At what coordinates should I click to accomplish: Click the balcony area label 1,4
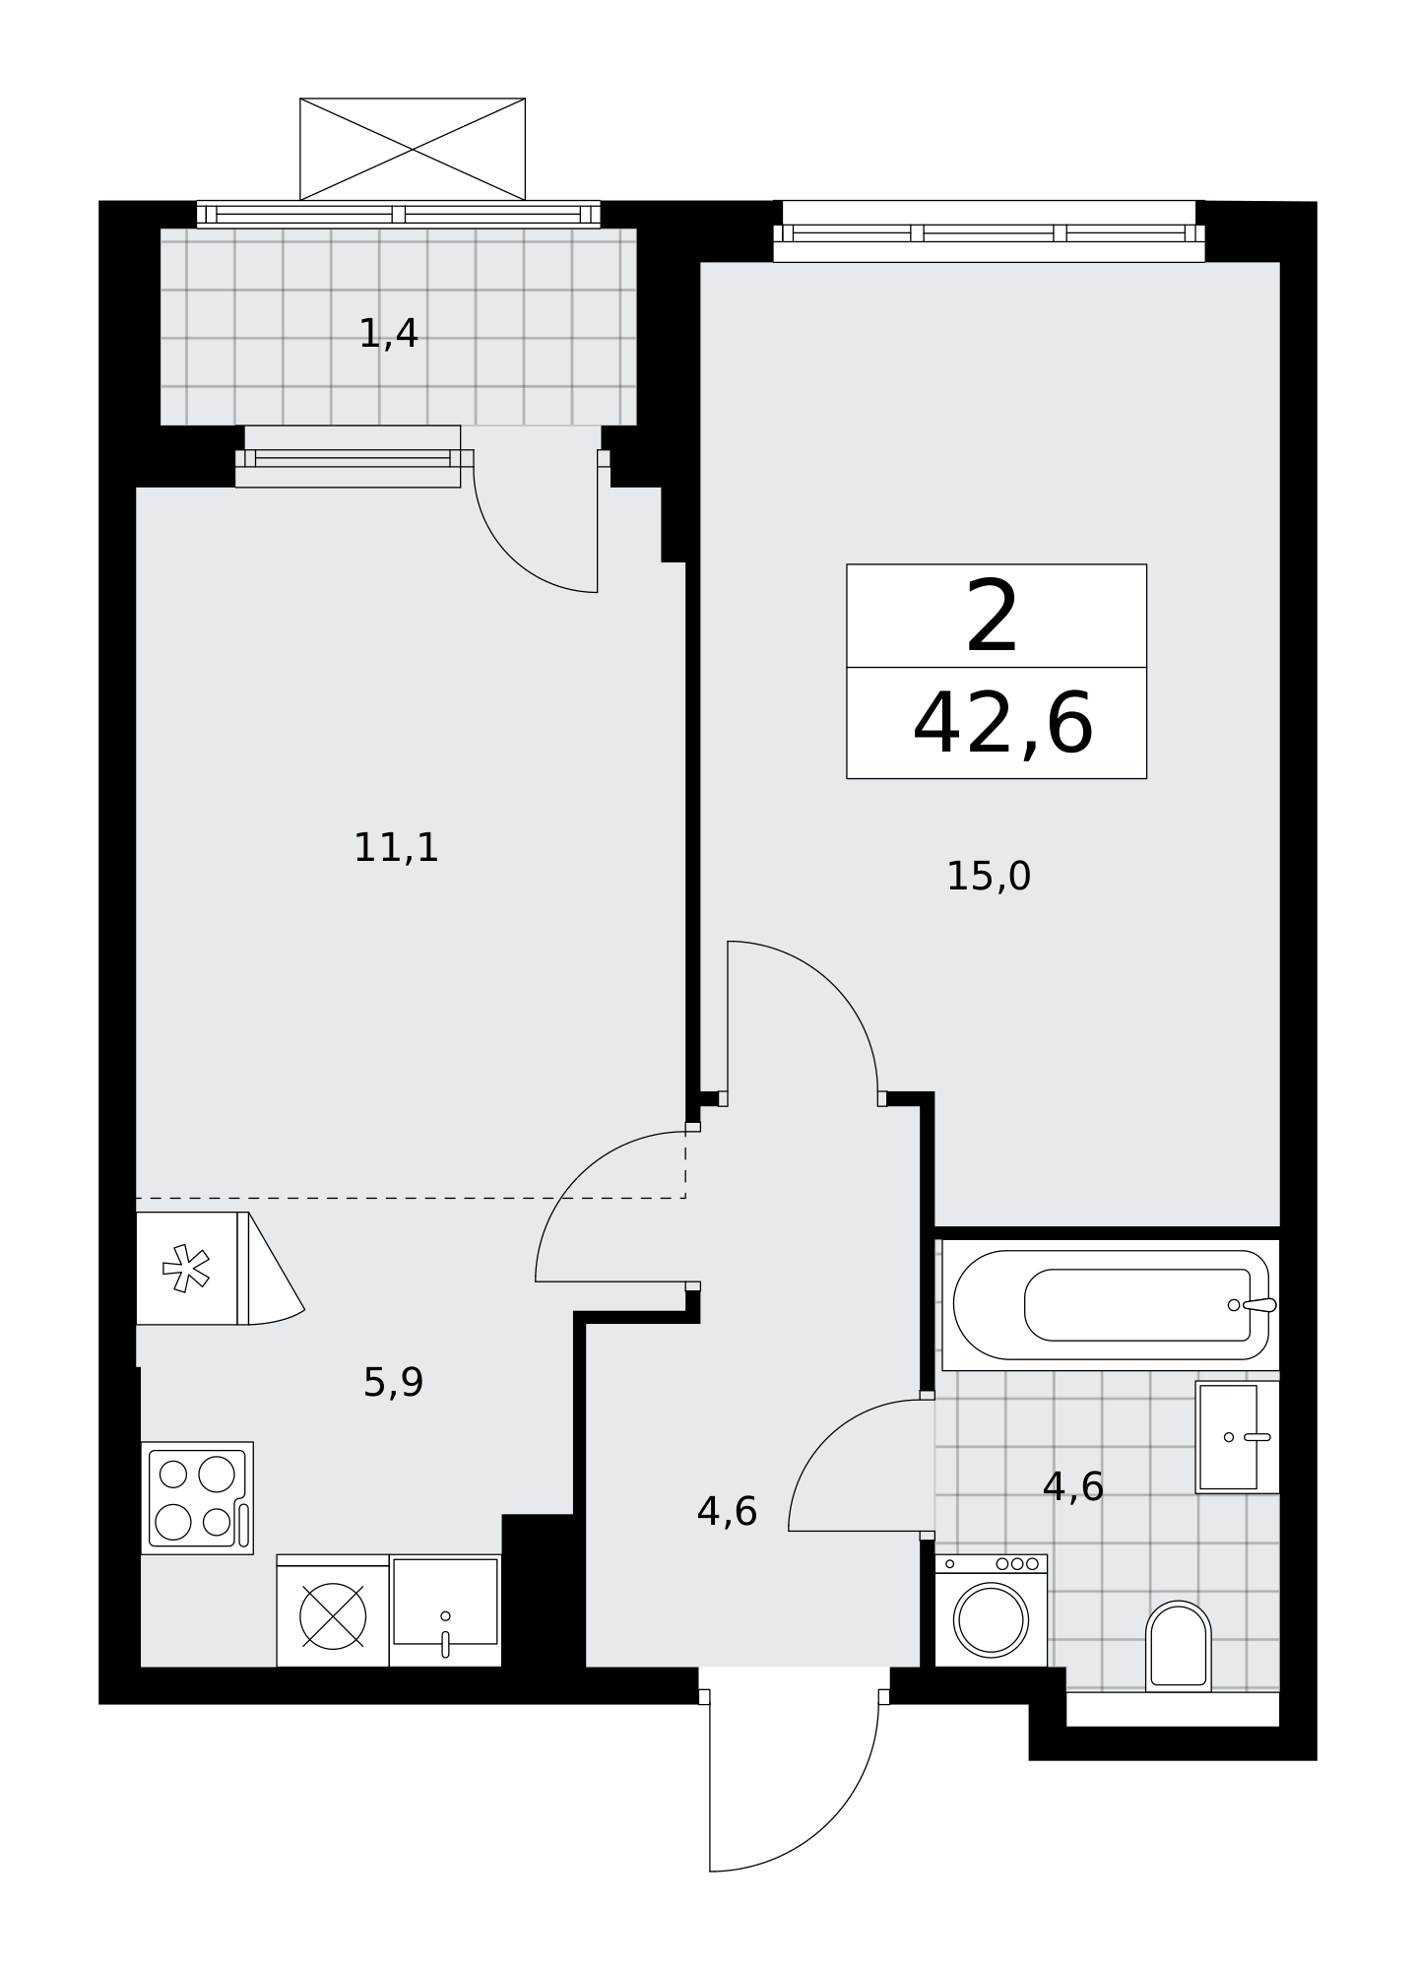click(389, 334)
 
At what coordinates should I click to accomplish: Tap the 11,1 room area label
click(396, 847)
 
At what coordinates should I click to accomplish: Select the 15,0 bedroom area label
click(989, 876)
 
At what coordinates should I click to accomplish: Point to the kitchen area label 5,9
click(393, 1382)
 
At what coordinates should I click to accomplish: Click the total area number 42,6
click(1002, 724)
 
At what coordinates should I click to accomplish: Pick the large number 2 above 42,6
click(992, 618)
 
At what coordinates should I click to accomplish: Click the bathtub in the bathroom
click(1111, 1304)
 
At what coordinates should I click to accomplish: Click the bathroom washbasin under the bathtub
click(1238, 1437)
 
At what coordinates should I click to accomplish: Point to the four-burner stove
click(197, 1498)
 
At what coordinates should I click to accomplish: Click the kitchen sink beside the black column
click(445, 1610)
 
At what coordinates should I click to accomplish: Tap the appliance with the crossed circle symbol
click(333, 1610)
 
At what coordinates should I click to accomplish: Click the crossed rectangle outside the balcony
click(413, 149)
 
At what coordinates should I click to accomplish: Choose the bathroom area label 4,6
click(1072, 1486)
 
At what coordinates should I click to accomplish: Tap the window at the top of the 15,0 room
click(989, 232)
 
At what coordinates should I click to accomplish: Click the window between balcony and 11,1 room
click(354, 458)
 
